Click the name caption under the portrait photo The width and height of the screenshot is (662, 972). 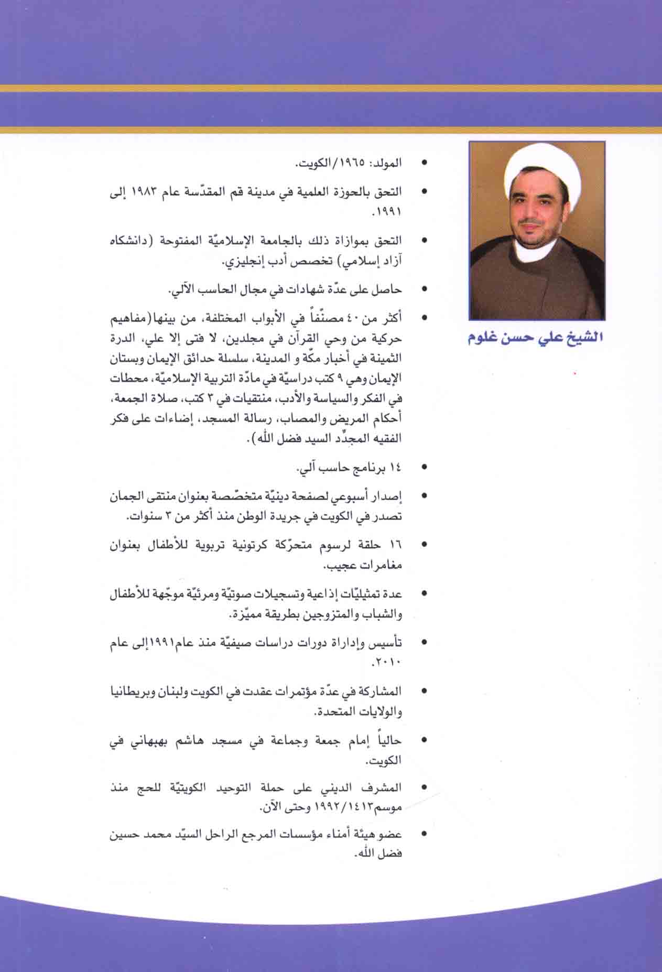coord(535,337)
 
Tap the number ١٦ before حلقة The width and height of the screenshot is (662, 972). coord(395,545)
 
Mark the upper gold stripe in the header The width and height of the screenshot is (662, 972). coord(331,88)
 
